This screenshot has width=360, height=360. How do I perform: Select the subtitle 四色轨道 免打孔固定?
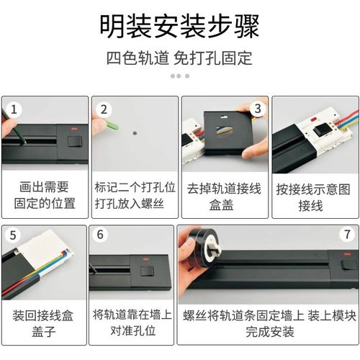point(179,57)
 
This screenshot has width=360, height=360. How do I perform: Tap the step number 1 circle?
point(14,109)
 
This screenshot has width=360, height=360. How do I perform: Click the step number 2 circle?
point(104,109)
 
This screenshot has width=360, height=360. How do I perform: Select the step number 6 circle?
point(102,235)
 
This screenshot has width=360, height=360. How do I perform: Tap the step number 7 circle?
point(346,235)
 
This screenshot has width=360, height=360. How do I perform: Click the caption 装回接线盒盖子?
point(43,325)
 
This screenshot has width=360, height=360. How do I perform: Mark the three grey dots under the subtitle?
point(179,76)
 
